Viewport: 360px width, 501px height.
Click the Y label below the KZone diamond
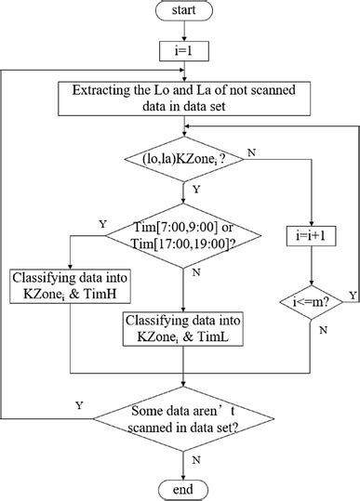pos(196,189)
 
